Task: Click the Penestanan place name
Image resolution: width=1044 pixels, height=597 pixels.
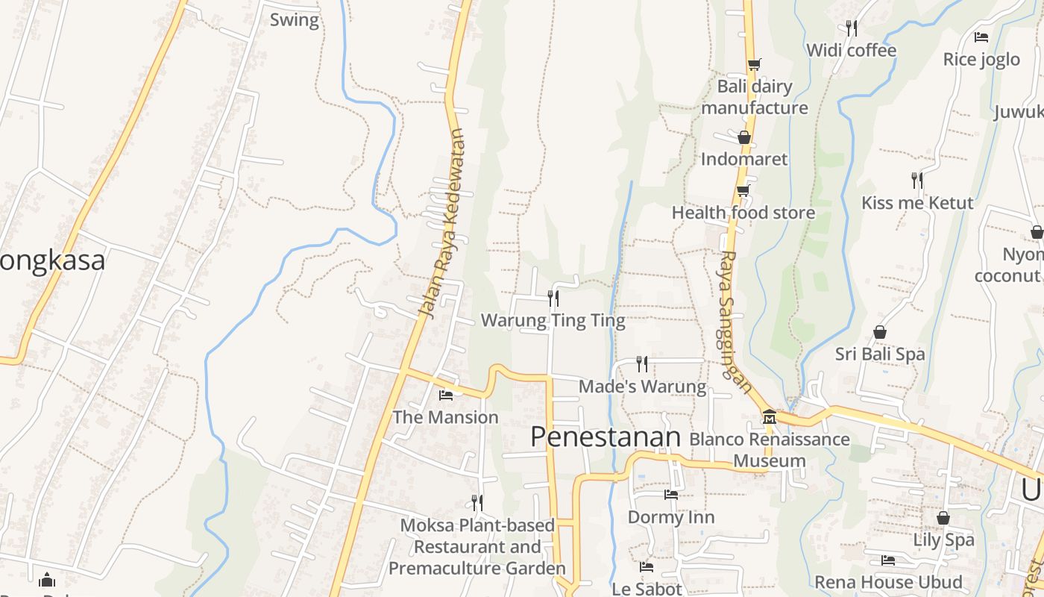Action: [x=606, y=437]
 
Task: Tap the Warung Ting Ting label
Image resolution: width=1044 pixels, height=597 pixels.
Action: [x=553, y=321]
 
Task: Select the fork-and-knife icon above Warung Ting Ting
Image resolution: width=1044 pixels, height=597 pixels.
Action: [x=553, y=298]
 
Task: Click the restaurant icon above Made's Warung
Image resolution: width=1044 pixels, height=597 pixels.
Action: [x=642, y=363]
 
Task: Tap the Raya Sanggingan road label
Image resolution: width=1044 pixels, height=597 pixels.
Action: [x=735, y=321]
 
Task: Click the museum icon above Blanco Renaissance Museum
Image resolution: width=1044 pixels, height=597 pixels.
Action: [x=770, y=416]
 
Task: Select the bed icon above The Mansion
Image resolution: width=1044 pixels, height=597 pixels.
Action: [x=446, y=395]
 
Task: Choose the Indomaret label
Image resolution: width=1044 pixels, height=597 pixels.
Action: [x=743, y=159]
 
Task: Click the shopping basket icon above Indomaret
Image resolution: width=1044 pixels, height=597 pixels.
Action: [x=743, y=137]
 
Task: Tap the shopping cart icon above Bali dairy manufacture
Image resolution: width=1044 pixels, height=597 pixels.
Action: [x=754, y=64]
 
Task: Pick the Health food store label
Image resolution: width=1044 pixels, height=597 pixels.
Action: [x=743, y=213]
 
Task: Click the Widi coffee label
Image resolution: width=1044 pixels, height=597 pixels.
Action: [x=851, y=50]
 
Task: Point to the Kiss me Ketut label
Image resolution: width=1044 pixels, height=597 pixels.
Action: [x=917, y=203]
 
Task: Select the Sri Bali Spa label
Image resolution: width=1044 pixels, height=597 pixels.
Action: [x=880, y=354]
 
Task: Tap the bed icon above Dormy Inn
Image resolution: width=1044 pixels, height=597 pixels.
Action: [x=671, y=494]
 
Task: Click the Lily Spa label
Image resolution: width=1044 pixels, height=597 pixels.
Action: [x=943, y=540]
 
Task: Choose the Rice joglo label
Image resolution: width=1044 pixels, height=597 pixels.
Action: [x=981, y=59]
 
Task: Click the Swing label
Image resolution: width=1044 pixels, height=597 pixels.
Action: [x=294, y=20]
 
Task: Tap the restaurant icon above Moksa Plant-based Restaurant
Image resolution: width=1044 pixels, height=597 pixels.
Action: [x=477, y=502]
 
